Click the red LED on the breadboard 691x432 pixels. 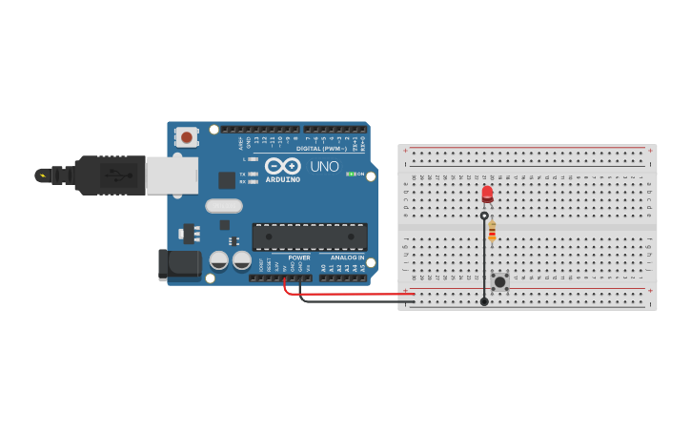pyautogui.click(x=487, y=195)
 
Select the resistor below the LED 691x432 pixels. pyautogui.click(x=492, y=230)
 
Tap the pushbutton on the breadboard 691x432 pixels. pyautogui.click(x=499, y=282)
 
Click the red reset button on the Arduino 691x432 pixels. pyautogui.click(x=187, y=137)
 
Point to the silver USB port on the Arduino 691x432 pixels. pyautogui.click(x=172, y=175)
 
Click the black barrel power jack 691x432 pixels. pyautogui.click(x=179, y=264)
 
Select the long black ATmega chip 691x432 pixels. pyautogui.click(x=309, y=237)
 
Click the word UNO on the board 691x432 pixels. pyautogui.click(x=317, y=167)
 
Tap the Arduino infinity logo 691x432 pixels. pyautogui.click(x=282, y=165)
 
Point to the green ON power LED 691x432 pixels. pyautogui.click(x=350, y=174)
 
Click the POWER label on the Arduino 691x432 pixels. pyautogui.click(x=298, y=257)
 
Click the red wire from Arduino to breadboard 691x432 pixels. pyautogui.click(x=343, y=295)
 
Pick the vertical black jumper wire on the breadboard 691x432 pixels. pyautogui.click(x=484, y=257)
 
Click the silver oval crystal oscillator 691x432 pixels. pyautogui.click(x=224, y=205)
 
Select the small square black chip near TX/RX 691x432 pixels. pyautogui.click(x=227, y=179)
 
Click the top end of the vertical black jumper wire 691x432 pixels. pyautogui.click(x=484, y=216)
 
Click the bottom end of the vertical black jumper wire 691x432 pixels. pyautogui.click(x=484, y=301)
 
